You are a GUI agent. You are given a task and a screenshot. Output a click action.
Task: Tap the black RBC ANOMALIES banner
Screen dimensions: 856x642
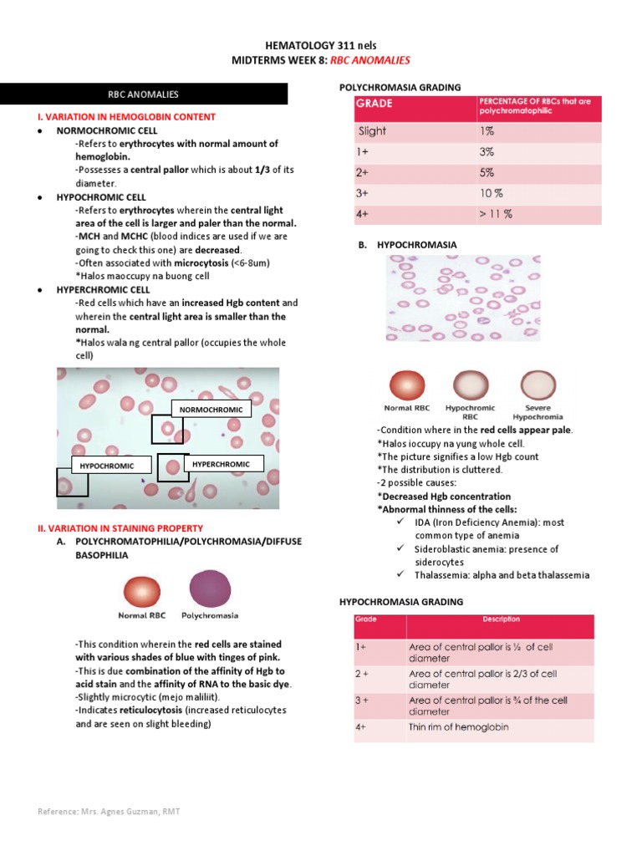pos(144,94)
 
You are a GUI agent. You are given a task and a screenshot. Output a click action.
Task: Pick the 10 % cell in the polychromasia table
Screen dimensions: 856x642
pos(492,193)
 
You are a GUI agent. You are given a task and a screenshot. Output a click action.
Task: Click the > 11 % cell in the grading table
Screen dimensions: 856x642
pos(496,214)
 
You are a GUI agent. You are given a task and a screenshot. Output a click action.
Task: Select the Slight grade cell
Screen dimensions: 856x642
pos(373,131)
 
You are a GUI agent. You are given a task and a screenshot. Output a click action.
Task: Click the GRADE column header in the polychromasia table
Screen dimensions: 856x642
pos(375,104)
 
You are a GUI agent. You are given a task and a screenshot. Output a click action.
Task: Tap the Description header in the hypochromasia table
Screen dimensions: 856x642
pos(501,620)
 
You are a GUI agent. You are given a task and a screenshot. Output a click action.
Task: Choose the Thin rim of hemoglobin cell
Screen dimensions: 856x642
pos(458,727)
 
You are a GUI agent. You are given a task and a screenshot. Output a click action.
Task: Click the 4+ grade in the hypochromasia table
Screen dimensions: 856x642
pos(361,727)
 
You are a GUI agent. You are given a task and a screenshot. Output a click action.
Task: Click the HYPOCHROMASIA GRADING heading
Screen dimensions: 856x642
pos(400,602)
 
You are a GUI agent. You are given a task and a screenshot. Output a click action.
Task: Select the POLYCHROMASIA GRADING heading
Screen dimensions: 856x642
pos(400,88)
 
